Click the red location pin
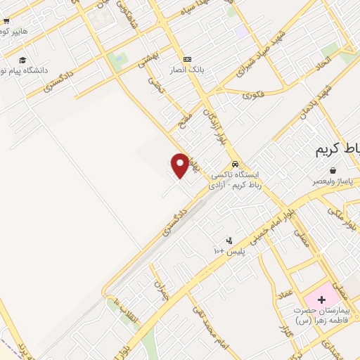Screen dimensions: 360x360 180,165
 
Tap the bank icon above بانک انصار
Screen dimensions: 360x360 187,59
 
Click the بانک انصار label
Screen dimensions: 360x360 186,70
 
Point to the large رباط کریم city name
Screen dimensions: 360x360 335,149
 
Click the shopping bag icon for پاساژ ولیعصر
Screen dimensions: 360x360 333,170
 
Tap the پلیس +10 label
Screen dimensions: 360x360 229,251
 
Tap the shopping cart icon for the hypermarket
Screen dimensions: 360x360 6,31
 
